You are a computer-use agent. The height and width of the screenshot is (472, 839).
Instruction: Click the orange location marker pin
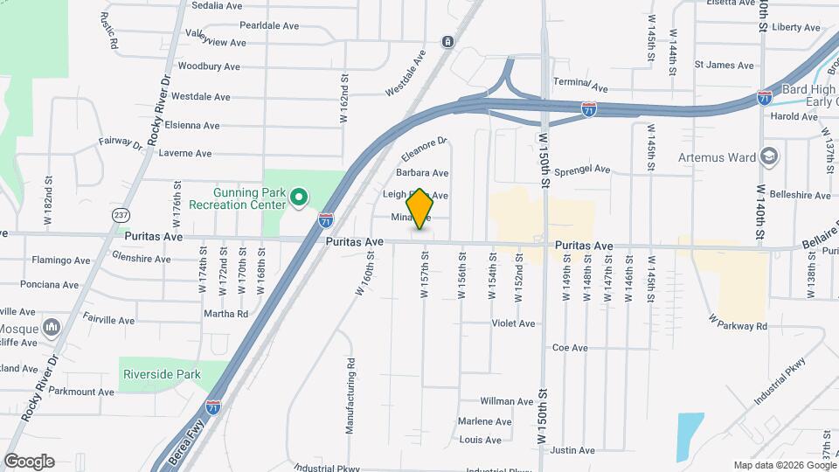(420, 208)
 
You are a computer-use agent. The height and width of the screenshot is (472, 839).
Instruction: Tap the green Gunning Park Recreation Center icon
(299, 198)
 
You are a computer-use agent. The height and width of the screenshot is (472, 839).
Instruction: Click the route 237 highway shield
(121, 214)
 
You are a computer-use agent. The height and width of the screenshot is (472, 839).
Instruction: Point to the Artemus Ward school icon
(769, 157)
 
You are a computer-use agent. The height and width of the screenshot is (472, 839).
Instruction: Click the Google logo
(29, 462)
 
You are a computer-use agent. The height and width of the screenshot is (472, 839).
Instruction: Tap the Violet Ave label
(513, 323)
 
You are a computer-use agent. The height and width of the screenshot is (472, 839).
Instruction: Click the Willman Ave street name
(507, 402)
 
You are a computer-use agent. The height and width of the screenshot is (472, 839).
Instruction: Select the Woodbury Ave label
(208, 66)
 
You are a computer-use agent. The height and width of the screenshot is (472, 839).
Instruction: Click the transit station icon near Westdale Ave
(447, 41)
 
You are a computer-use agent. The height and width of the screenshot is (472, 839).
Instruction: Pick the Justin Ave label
(572, 451)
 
